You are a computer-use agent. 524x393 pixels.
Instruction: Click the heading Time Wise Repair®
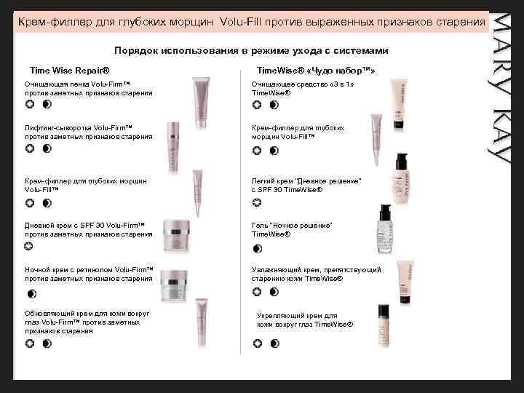click(70, 71)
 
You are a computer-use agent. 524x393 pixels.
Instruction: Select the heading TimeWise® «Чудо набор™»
click(316, 71)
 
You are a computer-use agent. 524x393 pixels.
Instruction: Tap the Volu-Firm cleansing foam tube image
click(201, 103)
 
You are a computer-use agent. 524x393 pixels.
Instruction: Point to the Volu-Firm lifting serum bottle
click(173, 148)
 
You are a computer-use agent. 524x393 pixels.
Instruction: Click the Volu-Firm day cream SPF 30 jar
click(176, 236)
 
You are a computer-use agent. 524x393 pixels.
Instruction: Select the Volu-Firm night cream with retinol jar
click(174, 285)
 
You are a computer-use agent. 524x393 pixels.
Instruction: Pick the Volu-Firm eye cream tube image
click(202, 323)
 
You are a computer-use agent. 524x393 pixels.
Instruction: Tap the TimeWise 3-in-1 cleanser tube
click(399, 104)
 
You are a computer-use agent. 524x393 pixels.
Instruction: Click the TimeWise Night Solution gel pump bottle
click(384, 229)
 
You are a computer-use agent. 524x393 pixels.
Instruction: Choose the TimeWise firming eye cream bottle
click(384, 325)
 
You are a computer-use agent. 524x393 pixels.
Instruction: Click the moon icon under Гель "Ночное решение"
click(258, 249)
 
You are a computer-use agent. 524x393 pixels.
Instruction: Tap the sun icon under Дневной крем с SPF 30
click(29, 246)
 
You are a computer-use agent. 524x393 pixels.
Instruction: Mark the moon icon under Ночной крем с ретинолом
click(32, 294)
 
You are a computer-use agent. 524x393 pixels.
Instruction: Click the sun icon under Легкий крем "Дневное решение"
click(257, 202)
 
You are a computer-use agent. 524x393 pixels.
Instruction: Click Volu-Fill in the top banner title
click(241, 22)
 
